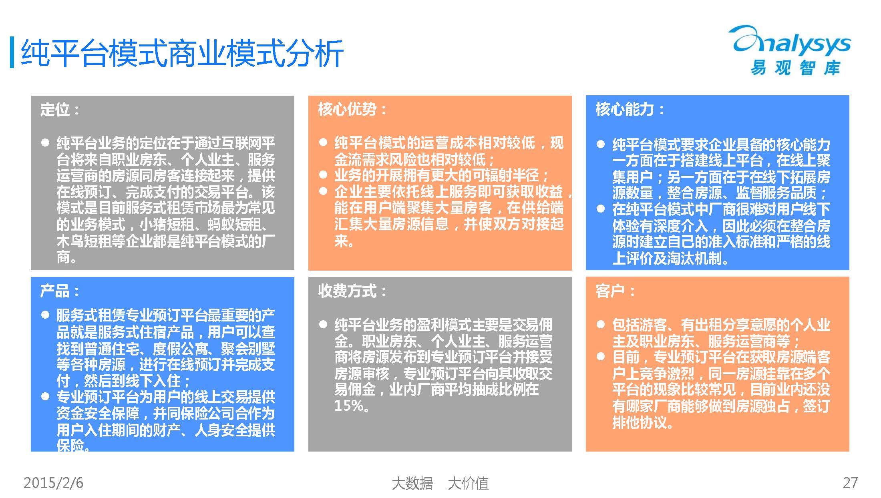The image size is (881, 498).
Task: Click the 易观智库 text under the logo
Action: click(x=795, y=68)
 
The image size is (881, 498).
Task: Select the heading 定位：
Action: click(x=60, y=109)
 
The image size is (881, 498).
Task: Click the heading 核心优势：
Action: click(x=352, y=109)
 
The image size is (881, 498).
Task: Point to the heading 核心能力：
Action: click(x=630, y=109)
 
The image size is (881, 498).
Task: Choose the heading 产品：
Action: click(x=60, y=291)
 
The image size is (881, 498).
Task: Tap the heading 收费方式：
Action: click(x=352, y=291)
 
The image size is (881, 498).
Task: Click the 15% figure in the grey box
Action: click(x=346, y=406)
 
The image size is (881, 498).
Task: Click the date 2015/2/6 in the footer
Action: click(x=53, y=483)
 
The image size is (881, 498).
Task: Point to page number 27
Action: click(x=850, y=483)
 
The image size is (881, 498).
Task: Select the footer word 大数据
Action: click(x=412, y=483)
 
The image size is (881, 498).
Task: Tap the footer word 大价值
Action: click(x=468, y=483)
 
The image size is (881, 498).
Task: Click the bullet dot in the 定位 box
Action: click(x=45, y=143)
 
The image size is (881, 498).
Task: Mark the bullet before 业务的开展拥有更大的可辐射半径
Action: click(x=323, y=175)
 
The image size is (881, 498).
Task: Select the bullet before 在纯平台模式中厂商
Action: click(x=600, y=209)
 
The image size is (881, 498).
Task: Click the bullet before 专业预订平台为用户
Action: click(x=45, y=396)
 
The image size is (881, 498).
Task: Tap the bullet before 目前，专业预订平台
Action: click(x=600, y=356)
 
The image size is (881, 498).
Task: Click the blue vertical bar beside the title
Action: click(x=12, y=52)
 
